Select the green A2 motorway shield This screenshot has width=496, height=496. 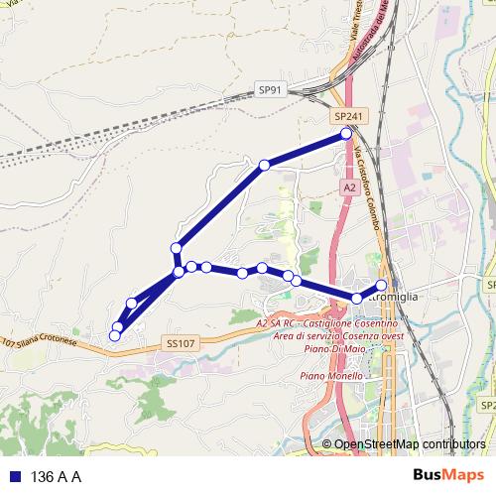350,186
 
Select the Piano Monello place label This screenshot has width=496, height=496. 329,377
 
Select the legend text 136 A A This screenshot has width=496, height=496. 56,476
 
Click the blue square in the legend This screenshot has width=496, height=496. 14,476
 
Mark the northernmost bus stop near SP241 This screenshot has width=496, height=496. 346,133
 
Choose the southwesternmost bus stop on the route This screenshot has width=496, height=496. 114,335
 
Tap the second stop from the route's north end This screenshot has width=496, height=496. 265,165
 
